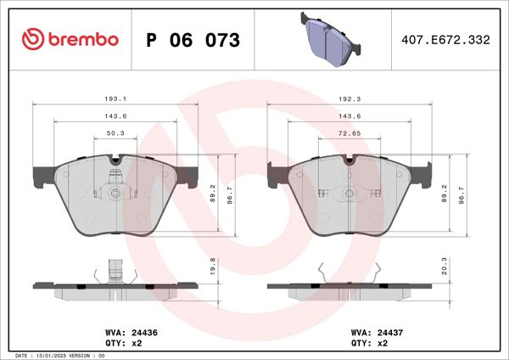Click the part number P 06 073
(193, 40)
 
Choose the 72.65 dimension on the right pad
(349, 133)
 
